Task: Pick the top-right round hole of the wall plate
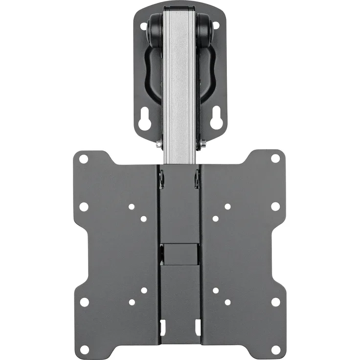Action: coord(216,28)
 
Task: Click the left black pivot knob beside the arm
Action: coord(156,29)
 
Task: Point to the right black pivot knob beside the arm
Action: coord(204,29)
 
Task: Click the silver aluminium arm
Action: coord(180,88)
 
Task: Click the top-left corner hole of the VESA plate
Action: coord(84,159)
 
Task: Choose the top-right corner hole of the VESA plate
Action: coord(275,158)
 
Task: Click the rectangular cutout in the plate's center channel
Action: coord(180,254)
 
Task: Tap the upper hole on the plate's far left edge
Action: coord(84,206)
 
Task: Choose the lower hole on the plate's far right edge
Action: coord(275,302)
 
